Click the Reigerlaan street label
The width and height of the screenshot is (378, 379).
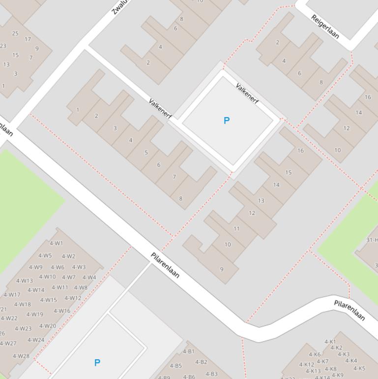pos(325,27)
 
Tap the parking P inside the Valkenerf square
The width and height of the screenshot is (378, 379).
pos(227,121)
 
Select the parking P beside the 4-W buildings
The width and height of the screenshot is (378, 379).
pos(97,363)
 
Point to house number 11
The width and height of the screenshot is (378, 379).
pos(236,228)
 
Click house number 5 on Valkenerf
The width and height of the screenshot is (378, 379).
pos(146,153)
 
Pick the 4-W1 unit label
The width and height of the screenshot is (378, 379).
pos(57,243)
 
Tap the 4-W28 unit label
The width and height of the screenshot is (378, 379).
pos(21,356)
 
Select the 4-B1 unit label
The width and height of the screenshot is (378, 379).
pos(189,351)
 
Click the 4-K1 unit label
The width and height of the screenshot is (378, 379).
pos(330,342)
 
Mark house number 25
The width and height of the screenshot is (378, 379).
pos(15,33)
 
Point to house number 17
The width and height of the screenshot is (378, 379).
pos(28,39)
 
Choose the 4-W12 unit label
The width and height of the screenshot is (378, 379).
pos(73,298)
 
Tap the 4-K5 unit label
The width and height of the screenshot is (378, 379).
pos(359,368)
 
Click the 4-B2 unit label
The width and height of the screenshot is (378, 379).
pos(201,362)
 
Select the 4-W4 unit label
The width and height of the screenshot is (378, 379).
pos(89,277)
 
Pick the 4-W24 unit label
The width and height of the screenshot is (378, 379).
pos(36,340)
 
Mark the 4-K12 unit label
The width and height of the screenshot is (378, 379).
pos(307,365)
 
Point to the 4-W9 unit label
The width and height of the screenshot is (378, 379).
pos(35,267)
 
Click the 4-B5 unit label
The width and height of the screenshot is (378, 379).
pos(175,366)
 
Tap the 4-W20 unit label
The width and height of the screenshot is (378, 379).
pos(48,326)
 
